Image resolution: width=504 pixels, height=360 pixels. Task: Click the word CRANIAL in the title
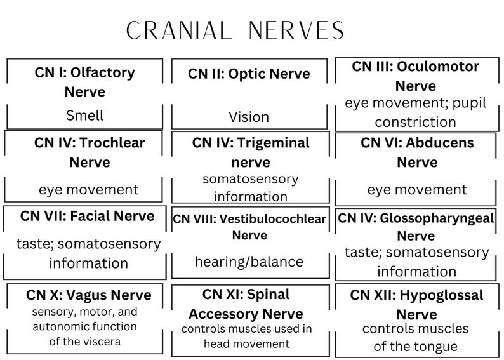tap(178, 30)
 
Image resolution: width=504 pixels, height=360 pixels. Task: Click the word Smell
tap(84, 116)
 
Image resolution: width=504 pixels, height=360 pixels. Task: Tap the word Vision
tap(249, 117)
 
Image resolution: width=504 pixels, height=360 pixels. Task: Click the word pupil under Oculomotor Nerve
tap(467, 103)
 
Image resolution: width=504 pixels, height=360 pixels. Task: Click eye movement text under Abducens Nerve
tap(417, 189)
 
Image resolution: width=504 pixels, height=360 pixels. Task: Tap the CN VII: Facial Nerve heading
tap(87, 216)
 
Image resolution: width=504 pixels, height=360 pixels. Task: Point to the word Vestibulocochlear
tap(273, 220)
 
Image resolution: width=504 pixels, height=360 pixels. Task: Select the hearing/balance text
tap(249, 262)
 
